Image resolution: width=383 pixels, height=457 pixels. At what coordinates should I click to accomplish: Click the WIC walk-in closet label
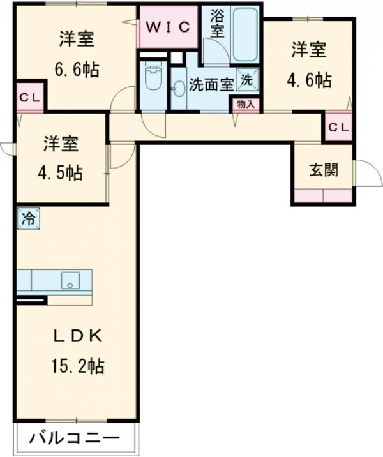168,27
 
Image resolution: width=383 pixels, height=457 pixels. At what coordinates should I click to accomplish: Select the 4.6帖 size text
309,80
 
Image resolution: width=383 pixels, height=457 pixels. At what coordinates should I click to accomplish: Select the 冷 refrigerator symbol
28,218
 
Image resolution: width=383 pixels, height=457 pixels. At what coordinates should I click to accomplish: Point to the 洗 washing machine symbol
246,79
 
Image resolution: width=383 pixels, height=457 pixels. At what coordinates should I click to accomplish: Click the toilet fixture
152,79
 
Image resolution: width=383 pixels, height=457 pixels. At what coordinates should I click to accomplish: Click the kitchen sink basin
69,280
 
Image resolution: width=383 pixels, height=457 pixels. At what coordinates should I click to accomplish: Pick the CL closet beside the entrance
338,127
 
